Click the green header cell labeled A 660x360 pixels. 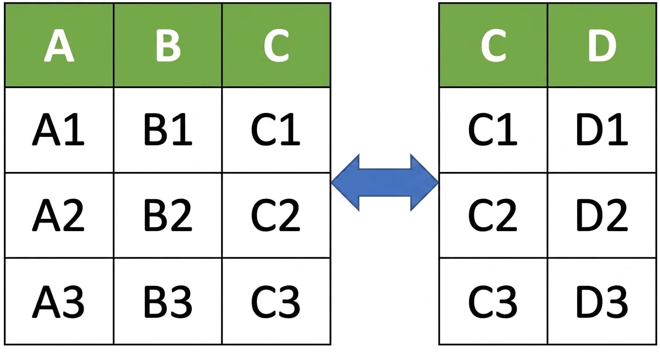pyautogui.click(x=59, y=45)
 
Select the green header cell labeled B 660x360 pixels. pyautogui.click(x=168, y=45)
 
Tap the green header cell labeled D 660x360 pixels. pyautogui.click(x=602, y=45)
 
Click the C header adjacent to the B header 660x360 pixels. pyautogui.click(x=277, y=45)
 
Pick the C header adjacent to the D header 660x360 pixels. pyautogui.click(x=493, y=45)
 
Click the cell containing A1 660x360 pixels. pyautogui.click(x=59, y=130)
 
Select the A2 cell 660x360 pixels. pyautogui.click(x=59, y=215)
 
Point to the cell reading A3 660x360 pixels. pyautogui.click(x=59, y=301)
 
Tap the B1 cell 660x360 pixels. pyautogui.click(x=168, y=130)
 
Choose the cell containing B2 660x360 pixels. pyautogui.click(x=168, y=215)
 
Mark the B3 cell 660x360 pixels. pyautogui.click(x=168, y=301)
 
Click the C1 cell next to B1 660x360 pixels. pyautogui.click(x=277, y=130)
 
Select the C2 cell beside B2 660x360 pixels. pyautogui.click(x=277, y=215)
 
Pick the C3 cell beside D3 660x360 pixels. pyautogui.click(x=493, y=301)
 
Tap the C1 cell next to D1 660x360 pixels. pyautogui.click(x=493, y=130)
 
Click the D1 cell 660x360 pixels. pyautogui.click(x=602, y=130)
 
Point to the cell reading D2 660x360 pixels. pyautogui.click(x=602, y=215)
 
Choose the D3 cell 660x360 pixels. pyautogui.click(x=602, y=301)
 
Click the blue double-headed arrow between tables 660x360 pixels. pyautogui.click(x=385, y=183)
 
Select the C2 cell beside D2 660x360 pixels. pyautogui.click(x=493, y=215)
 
